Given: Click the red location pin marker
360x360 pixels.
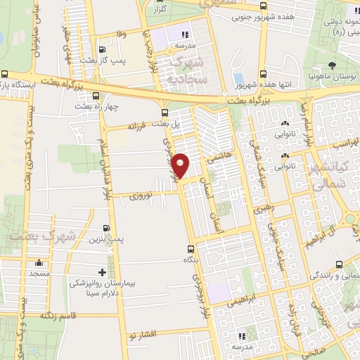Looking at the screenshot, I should [181, 165].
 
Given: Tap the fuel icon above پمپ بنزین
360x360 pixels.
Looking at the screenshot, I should [105, 228].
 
